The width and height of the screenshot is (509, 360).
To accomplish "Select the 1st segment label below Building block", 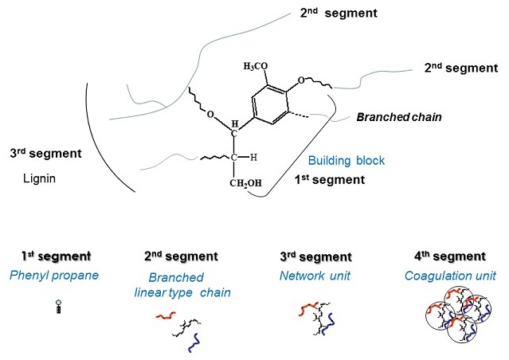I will coord(330,180).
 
